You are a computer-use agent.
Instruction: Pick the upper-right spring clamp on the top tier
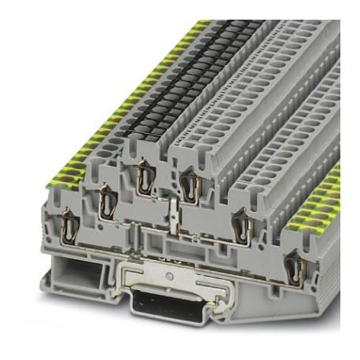(189, 187)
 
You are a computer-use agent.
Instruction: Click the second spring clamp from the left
(106, 201)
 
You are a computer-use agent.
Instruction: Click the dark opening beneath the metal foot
(168, 302)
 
